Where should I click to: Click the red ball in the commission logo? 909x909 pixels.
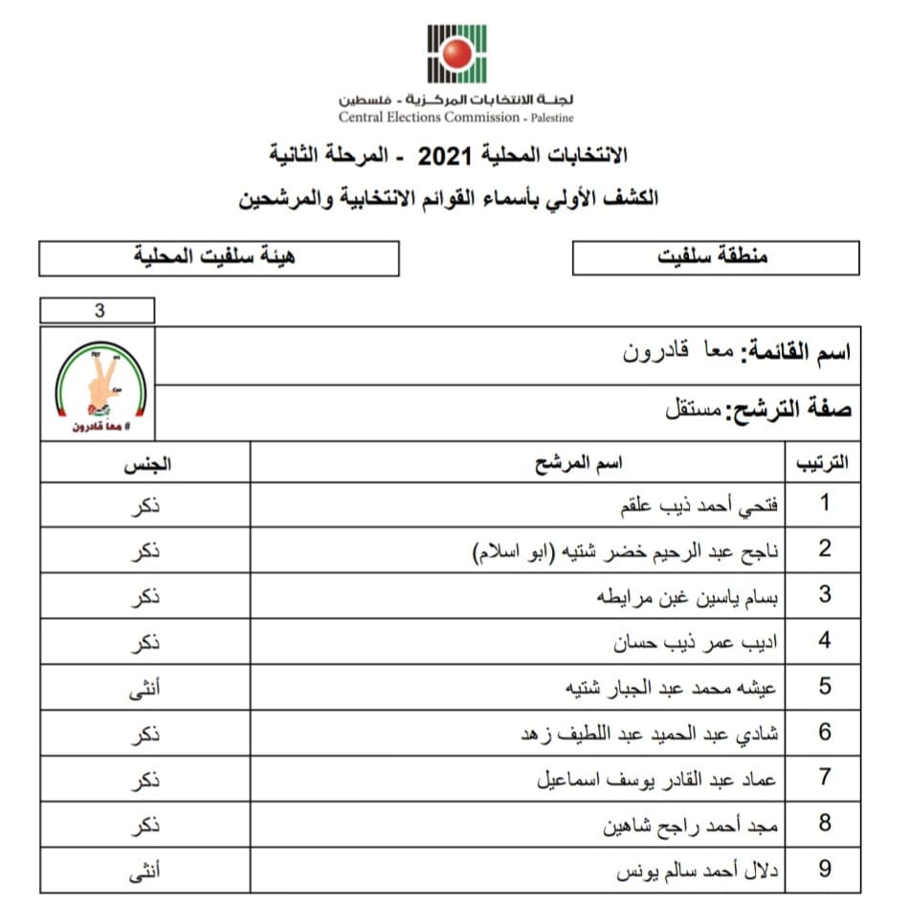coord(456,54)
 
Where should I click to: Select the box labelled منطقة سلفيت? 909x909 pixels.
coord(715,257)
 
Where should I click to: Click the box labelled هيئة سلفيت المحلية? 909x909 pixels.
coord(219,257)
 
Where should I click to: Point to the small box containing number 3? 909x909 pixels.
coord(98,311)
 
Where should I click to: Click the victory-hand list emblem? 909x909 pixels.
coord(100,385)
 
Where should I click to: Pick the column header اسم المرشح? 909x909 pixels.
coord(578,463)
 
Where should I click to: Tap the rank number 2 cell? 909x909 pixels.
coord(824,549)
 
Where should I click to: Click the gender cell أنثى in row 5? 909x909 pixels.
coord(144,687)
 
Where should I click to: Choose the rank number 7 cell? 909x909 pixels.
coord(824,778)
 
